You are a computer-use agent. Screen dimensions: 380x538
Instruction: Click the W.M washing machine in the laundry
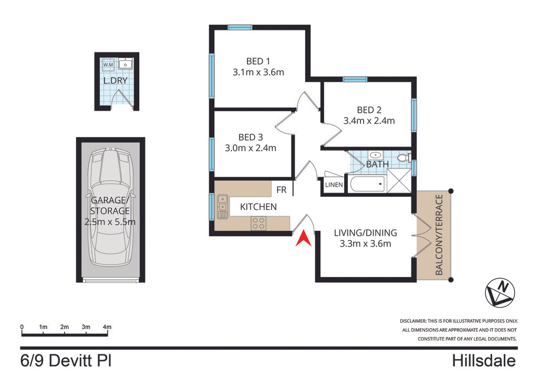click(108, 65)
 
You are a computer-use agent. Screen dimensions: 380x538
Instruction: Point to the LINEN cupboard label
click(334, 185)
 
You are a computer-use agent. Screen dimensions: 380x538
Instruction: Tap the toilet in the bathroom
click(403, 157)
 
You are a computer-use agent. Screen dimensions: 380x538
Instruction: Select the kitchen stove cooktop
click(258, 223)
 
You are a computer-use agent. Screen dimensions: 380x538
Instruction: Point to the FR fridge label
click(282, 190)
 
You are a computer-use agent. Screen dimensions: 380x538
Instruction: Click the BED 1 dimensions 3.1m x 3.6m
click(258, 72)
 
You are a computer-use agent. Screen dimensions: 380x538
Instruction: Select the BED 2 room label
click(369, 110)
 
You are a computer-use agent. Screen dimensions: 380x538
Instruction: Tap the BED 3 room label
click(250, 137)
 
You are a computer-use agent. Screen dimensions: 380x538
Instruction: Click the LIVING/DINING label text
click(366, 233)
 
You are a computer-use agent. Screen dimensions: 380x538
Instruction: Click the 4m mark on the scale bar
click(107, 327)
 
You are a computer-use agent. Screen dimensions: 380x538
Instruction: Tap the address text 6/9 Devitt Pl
click(66, 362)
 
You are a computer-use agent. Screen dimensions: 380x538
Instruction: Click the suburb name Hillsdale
click(483, 362)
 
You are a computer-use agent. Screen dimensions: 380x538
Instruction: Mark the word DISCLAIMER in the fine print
click(414, 321)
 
